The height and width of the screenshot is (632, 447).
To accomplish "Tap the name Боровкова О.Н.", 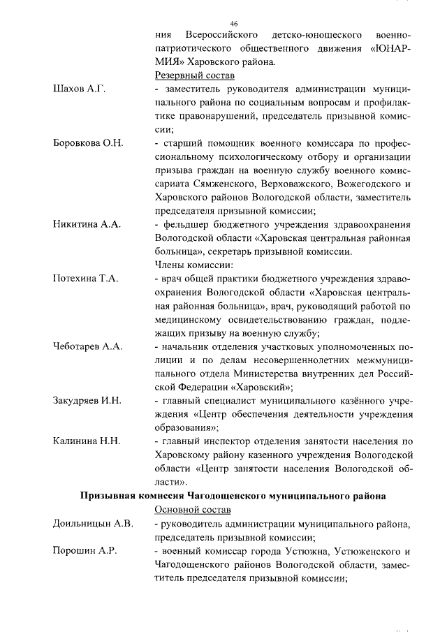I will (88, 143).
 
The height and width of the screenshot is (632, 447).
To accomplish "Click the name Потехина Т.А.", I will (86, 278).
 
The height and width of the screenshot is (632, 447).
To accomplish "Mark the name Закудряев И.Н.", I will (87, 400).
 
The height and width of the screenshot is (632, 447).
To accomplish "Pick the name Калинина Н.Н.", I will (87, 441).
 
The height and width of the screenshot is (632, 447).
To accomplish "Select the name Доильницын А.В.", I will (93, 523).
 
